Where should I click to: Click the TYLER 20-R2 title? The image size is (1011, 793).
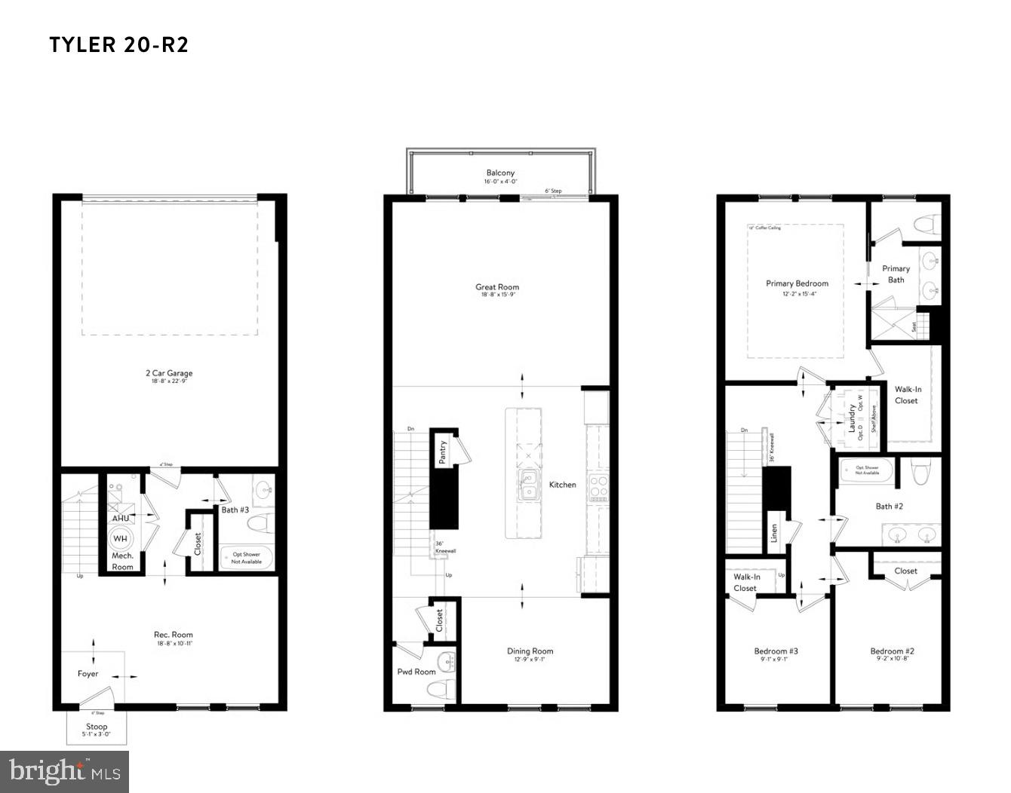[x=119, y=45]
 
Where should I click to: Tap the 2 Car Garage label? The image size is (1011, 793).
[x=169, y=373]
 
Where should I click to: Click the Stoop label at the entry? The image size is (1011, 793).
[x=97, y=727]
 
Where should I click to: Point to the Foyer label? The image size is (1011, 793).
[x=88, y=674]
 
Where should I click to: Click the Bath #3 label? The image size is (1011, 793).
[x=235, y=510]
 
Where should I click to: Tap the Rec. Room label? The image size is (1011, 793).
[x=174, y=635]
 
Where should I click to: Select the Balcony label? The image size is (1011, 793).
[x=500, y=173]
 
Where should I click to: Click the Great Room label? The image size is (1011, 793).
[x=497, y=287]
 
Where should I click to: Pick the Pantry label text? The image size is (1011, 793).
[x=443, y=452]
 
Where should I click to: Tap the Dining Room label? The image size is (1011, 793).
[x=530, y=651]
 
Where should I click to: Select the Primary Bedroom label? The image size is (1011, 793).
[x=797, y=284]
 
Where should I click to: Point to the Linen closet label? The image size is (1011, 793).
[x=774, y=534]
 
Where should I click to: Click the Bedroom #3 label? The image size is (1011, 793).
[x=776, y=651]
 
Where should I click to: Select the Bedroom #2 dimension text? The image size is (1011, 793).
[x=892, y=660]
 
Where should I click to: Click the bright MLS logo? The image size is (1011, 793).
[x=65, y=771]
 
